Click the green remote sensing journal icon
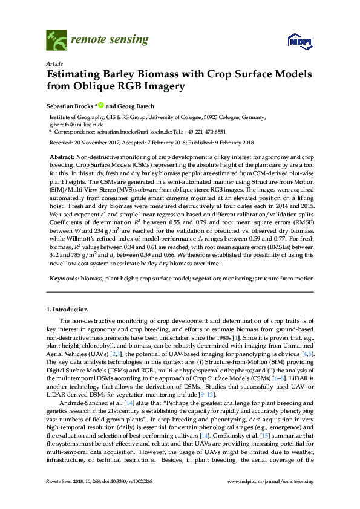click(57, 41)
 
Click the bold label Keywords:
click(64, 279)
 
